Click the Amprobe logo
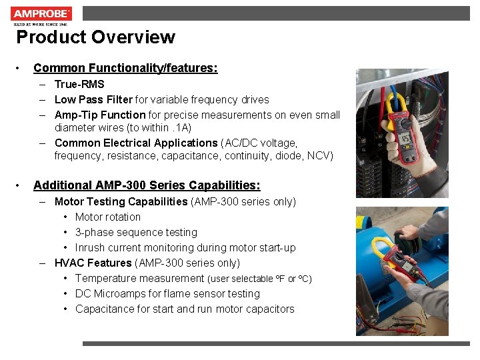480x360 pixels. [x=41, y=14]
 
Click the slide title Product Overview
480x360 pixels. [x=95, y=37]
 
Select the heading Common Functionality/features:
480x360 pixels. [x=125, y=68]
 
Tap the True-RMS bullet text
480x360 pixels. [x=79, y=84]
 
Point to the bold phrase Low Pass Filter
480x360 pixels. [x=93, y=99]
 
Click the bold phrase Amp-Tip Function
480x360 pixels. [x=100, y=115]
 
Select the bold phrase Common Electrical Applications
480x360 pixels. [x=136, y=143]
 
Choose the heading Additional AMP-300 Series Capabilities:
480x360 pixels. [x=147, y=185]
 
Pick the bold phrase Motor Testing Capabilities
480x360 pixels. [x=121, y=201]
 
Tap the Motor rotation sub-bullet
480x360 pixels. [x=108, y=217]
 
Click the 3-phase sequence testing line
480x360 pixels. [x=136, y=232]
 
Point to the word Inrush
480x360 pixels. [x=90, y=247]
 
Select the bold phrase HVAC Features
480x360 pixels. [x=93, y=263]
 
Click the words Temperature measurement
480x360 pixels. [x=139, y=278]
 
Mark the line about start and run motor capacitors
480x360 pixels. [x=185, y=309]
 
